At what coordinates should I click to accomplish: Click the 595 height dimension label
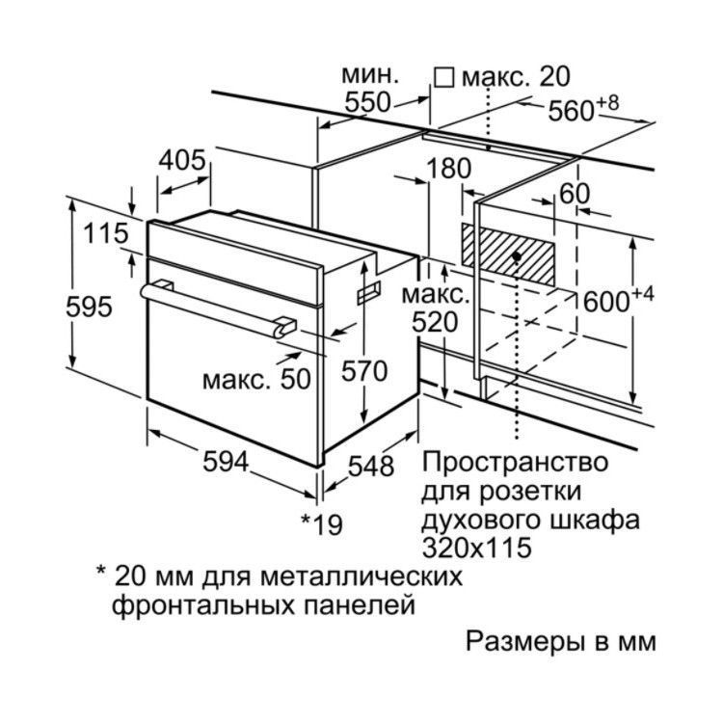click(x=89, y=308)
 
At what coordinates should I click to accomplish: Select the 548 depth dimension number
click(x=371, y=466)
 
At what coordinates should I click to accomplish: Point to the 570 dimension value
click(x=364, y=371)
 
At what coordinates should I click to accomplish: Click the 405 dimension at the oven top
click(x=182, y=160)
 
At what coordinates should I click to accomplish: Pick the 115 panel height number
click(x=106, y=233)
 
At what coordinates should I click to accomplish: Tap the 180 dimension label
click(x=448, y=169)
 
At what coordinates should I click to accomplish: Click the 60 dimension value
click(x=575, y=194)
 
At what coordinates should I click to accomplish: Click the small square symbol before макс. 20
click(x=444, y=78)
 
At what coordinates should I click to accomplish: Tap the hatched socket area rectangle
click(x=508, y=254)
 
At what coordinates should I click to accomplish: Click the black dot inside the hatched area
click(x=517, y=255)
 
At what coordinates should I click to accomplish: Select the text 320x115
click(x=477, y=549)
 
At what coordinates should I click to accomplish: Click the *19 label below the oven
click(x=323, y=523)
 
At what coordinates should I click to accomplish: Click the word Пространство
click(x=515, y=463)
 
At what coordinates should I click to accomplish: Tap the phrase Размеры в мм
click(x=561, y=642)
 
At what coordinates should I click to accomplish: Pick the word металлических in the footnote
click(x=361, y=576)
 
